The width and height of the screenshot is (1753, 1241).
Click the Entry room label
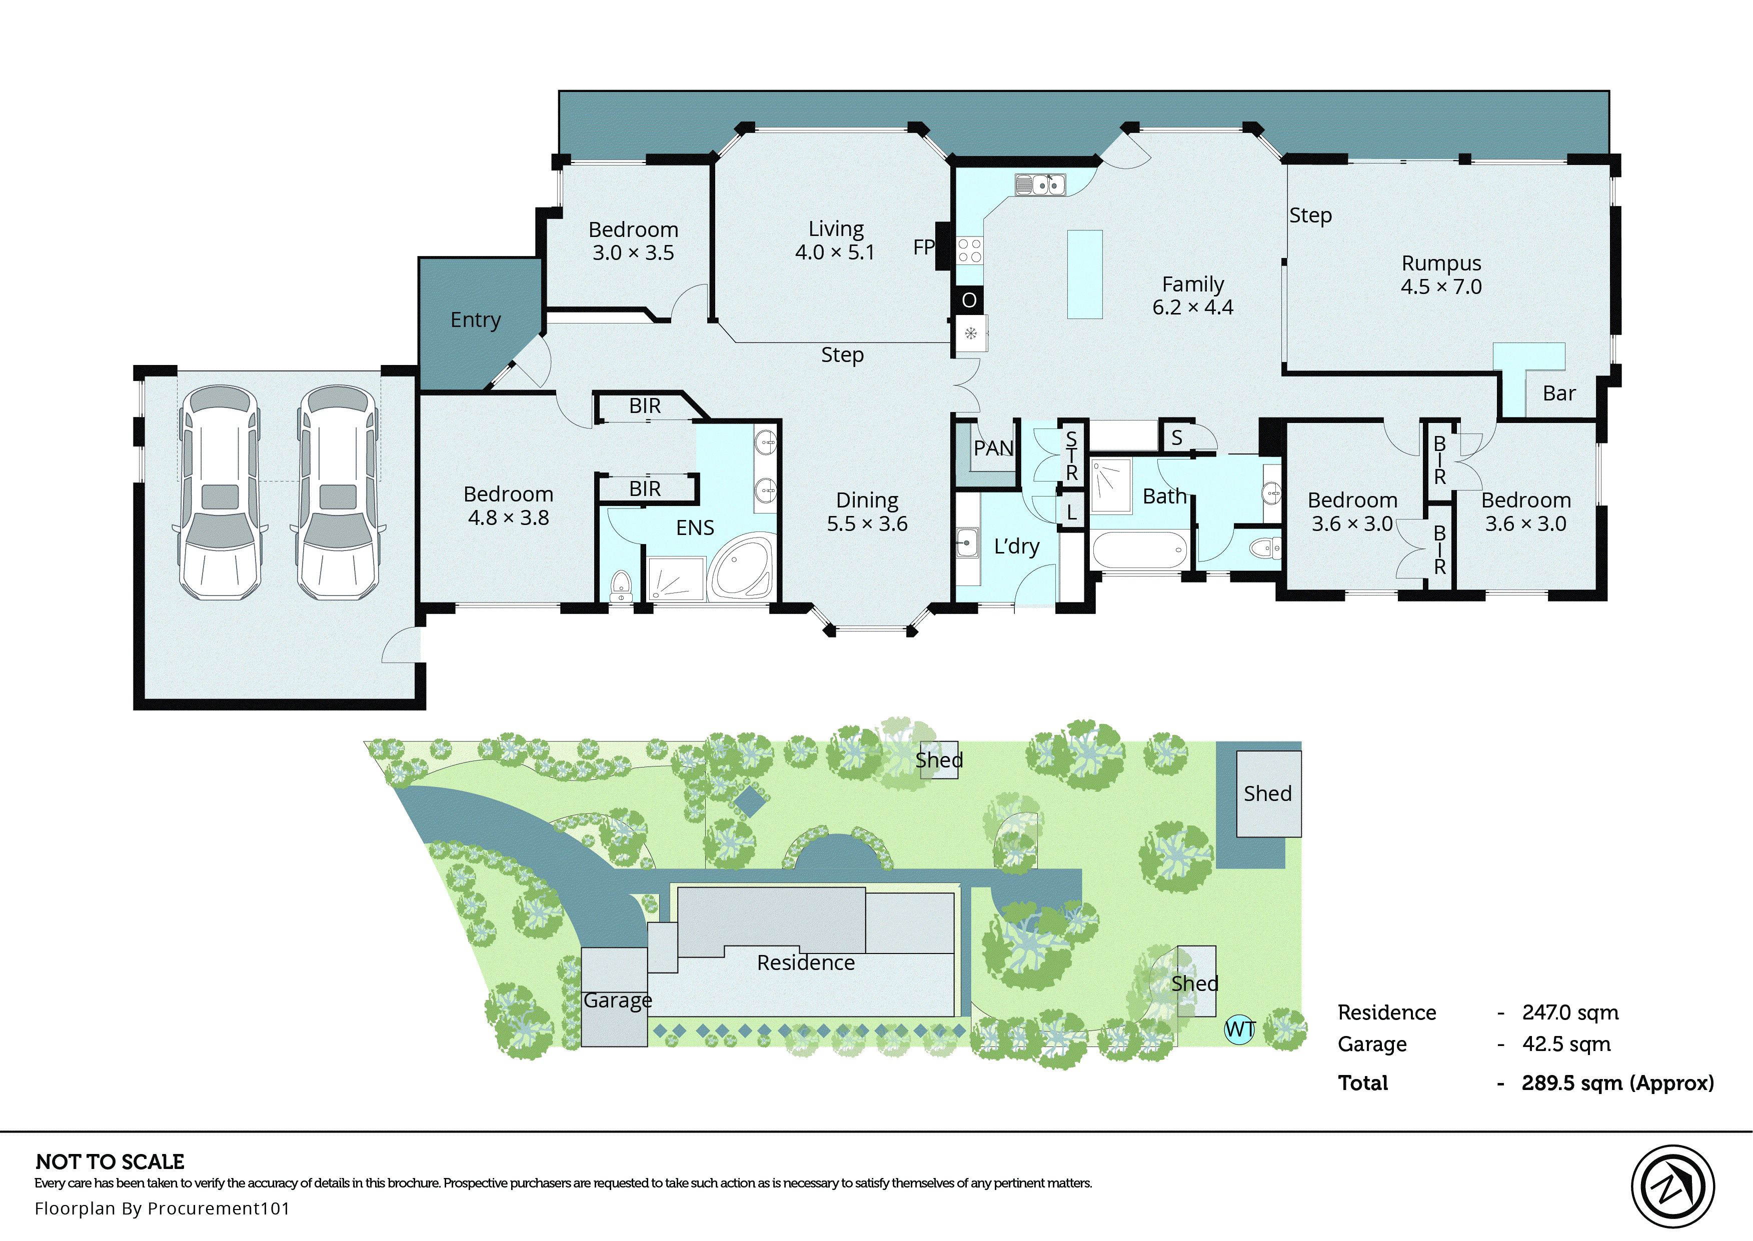(475, 319)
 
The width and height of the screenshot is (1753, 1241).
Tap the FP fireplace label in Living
(923, 247)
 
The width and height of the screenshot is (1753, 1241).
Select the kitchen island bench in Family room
(1084, 274)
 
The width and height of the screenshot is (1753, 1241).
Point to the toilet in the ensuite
(621, 585)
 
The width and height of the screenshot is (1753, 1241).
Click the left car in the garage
(220, 493)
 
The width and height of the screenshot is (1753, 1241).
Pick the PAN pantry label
(993, 448)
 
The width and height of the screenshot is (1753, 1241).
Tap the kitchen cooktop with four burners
(970, 250)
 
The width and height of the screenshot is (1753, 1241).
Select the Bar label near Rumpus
(1559, 393)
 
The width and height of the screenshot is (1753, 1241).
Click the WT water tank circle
(1239, 1029)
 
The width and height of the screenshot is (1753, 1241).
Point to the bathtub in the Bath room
(1139, 549)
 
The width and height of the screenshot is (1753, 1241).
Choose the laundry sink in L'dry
(967, 543)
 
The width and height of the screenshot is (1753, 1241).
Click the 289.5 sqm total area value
(1617, 1083)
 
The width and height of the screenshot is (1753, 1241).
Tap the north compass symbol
(1672, 1186)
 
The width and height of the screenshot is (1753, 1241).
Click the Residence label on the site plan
(805, 963)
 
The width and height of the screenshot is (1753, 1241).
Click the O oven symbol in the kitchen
(969, 300)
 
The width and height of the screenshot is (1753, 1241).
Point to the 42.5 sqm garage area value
(1566, 1044)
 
